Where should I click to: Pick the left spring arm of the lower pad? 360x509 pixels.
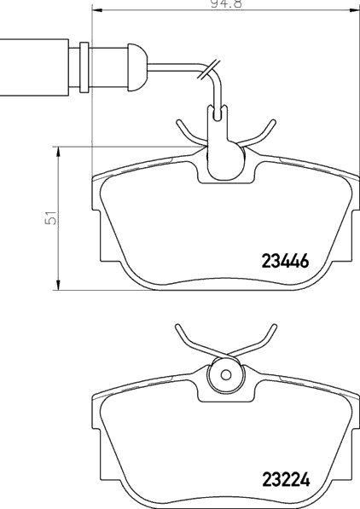pyautogui.click(x=189, y=341)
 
